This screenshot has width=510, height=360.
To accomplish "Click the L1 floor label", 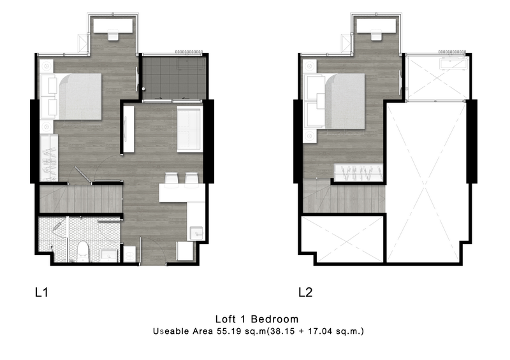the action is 41,292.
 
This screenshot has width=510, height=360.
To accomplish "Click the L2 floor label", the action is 305,292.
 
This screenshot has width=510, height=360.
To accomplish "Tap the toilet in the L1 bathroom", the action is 83,252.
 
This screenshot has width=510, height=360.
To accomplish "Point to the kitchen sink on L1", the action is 196,233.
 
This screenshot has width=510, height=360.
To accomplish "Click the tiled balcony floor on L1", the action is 174,78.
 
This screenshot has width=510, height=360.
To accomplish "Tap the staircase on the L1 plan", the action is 80,199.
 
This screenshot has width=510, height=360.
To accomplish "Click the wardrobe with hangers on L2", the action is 358,172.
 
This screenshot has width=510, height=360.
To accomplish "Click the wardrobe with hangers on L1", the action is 49,157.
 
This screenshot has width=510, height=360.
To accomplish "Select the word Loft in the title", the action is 226,319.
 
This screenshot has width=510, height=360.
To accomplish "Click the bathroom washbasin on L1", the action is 109,255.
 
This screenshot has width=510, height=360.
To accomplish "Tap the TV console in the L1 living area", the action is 129,129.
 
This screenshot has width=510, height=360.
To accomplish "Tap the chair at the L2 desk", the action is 376,35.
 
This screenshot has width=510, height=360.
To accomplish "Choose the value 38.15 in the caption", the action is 282,331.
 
